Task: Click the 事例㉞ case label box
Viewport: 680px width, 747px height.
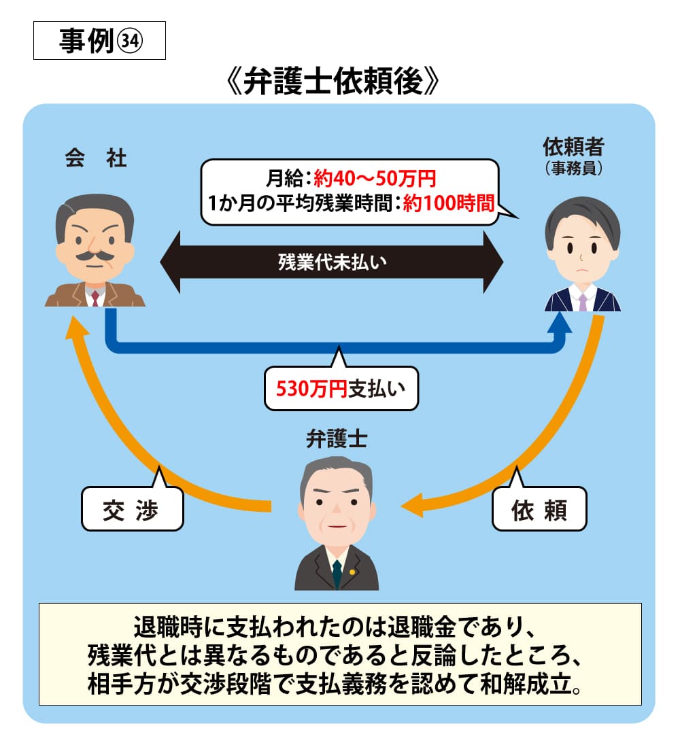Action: point(99,42)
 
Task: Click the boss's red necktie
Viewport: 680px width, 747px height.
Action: point(95,297)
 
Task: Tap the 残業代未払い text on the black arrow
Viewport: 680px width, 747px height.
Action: point(332,262)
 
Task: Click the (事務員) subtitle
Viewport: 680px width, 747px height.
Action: point(574,168)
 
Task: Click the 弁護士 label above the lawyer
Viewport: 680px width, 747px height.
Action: point(337,440)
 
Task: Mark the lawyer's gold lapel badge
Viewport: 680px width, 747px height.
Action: point(352,571)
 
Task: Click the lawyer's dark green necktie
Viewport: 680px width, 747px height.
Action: point(337,574)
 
